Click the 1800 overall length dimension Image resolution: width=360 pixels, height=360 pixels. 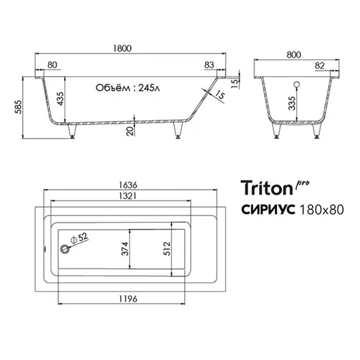pyautogui.click(x=122, y=48)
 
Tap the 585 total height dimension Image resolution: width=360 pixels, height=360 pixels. pyautogui.click(x=18, y=107)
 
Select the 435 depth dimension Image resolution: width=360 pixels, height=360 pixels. pyautogui.click(x=61, y=99)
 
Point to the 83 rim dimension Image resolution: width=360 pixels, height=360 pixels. pyautogui.click(x=209, y=65)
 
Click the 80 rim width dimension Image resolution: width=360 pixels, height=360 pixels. pyautogui.click(x=52, y=65)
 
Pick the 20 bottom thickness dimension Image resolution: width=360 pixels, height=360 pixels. pyautogui.click(x=130, y=131)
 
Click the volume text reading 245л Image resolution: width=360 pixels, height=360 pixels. pyautogui.click(x=149, y=88)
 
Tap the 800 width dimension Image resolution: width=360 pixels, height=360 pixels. pyautogui.click(x=294, y=55)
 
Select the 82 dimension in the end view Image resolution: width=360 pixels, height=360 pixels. pyautogui.click(x=319, y=66)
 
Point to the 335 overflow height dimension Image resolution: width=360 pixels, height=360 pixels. pyautogui.click(x=292, y=103)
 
